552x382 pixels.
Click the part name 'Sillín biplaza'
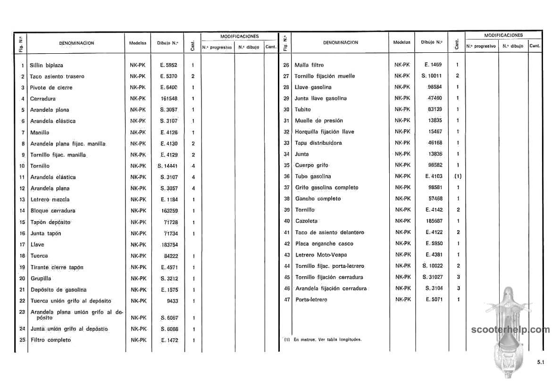[x=46, y=65]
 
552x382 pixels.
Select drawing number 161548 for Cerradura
[x=168, y=99]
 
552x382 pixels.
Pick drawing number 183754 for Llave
[x=168, y=245]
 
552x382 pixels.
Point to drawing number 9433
[x=172, y=301]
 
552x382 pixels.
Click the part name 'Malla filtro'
[x=309, y=65]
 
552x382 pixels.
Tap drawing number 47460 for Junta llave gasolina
[x=435, y=98]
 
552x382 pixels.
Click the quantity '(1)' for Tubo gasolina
[x=458, y=176]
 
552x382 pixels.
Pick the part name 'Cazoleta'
[x=306, y=221]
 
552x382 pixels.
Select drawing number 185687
[x=434, y=221]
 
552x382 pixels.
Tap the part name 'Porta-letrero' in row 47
[x=311, y=300]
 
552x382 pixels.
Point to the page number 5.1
[x=540, y=362]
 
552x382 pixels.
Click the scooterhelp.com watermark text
[x=510, y=330]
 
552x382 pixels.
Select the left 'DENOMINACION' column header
[x=76, y=43]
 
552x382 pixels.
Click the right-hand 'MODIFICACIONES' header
[x=503, y=35]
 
